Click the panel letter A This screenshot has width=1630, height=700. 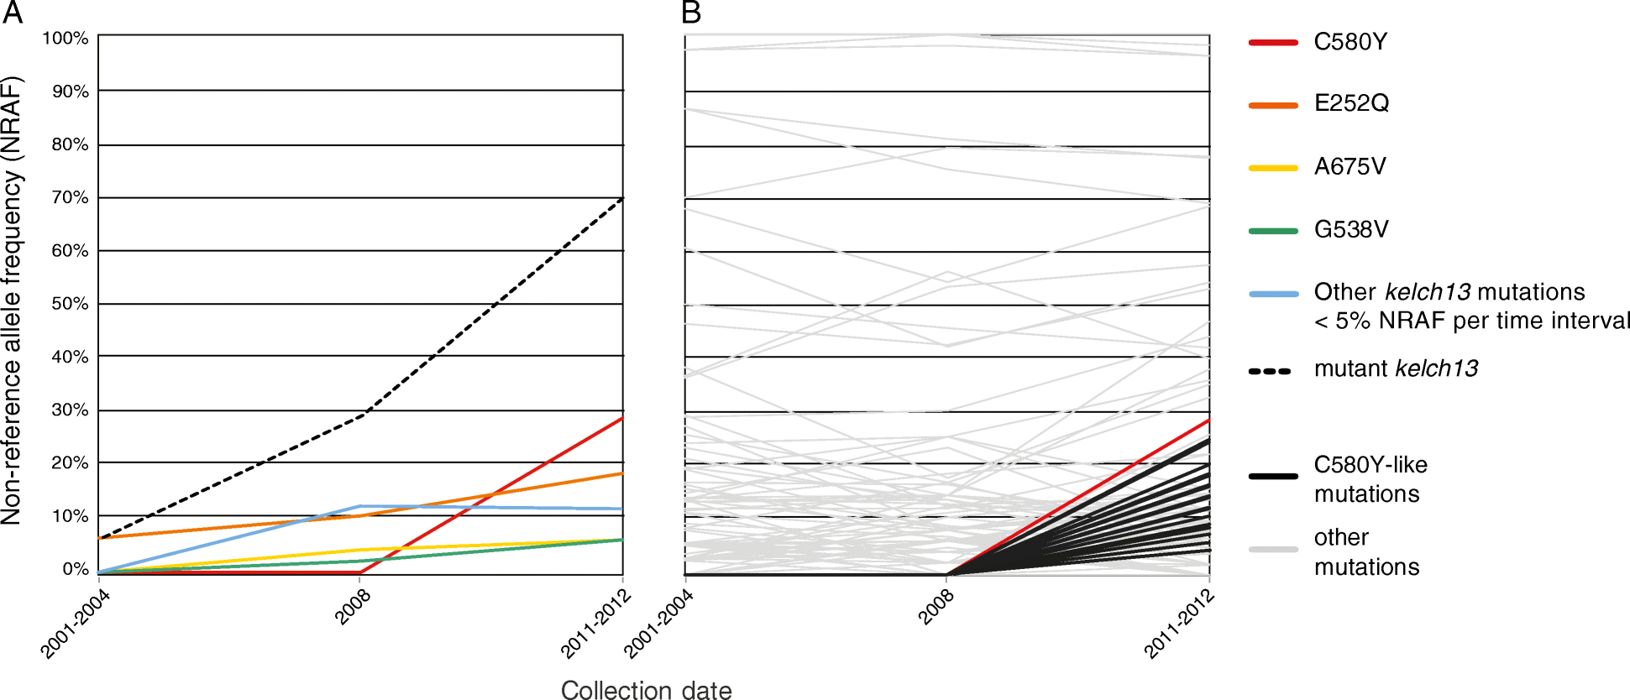12,13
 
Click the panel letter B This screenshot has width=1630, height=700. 690,13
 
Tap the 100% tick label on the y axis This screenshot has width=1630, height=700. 66,39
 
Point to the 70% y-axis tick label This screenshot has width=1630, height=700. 70,197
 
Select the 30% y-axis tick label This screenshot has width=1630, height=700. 70,410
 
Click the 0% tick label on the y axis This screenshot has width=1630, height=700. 76,569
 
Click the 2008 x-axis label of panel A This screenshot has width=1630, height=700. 353,607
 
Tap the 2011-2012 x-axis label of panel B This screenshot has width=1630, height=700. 1179,623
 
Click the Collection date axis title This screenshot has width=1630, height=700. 646,690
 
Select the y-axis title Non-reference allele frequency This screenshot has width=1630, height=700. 12,300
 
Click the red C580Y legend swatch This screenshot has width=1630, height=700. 1273,42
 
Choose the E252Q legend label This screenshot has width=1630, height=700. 1351,103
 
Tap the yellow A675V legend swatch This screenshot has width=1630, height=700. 1273,168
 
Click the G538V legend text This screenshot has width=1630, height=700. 1351,229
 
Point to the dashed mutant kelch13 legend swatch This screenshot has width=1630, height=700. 1270,371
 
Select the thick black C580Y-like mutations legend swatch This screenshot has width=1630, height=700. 1273,477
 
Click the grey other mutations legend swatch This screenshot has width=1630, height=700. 1273,550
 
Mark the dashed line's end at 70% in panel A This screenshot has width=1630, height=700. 622,198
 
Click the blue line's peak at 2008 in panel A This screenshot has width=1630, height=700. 360,506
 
